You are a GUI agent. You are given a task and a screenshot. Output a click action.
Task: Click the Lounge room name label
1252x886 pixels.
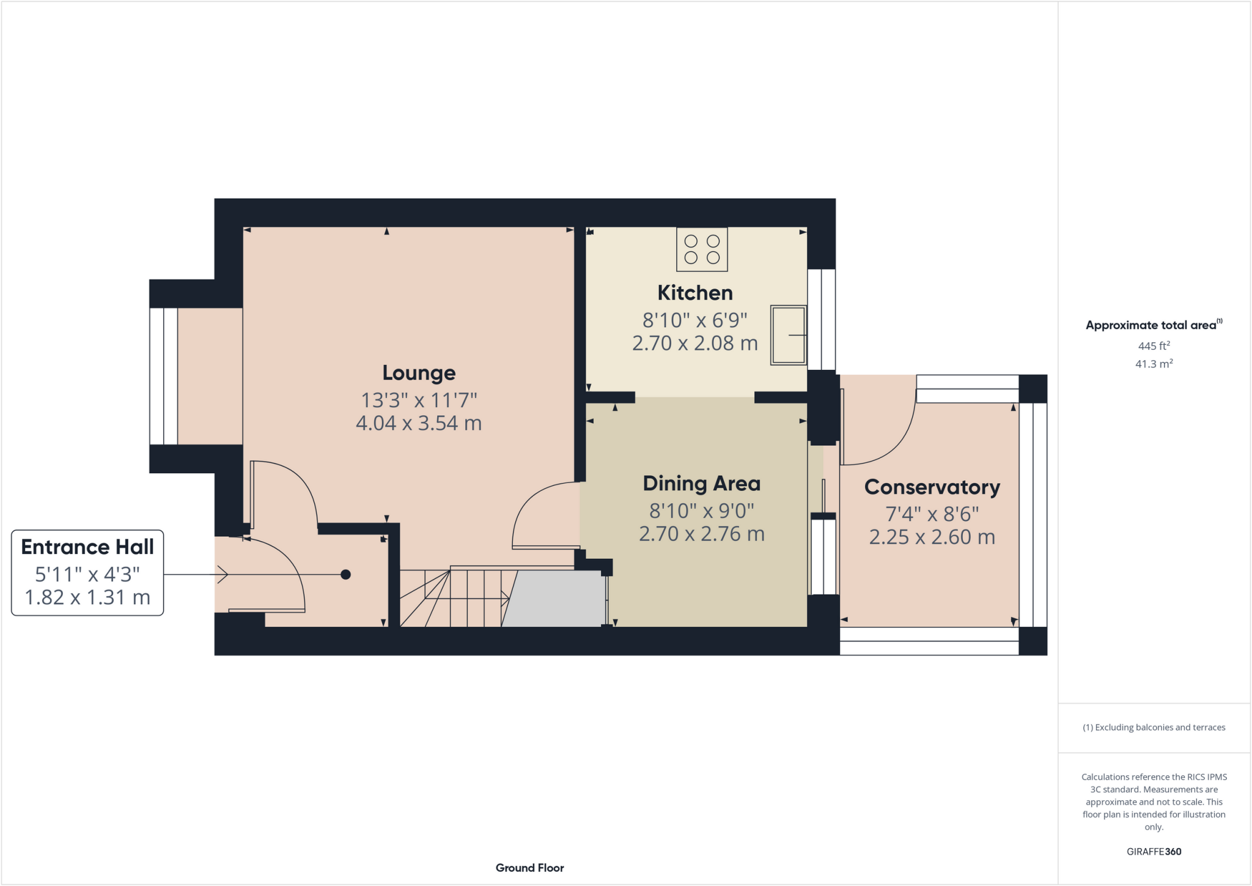point(419,373)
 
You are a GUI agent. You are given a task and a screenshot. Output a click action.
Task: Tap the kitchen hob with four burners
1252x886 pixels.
point(702,249)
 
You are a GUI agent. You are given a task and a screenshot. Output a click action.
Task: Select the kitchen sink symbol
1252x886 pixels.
point(788,335)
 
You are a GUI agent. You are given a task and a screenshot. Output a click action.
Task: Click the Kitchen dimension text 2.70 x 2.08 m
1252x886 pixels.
point(694,344)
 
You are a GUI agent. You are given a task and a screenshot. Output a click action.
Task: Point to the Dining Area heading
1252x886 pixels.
point(701,484)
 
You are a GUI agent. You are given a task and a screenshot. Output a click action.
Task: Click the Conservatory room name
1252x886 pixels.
point(932,487)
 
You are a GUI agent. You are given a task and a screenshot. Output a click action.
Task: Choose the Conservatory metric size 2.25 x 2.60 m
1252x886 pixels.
point(932,537)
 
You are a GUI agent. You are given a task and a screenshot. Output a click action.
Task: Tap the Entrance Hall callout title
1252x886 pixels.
point(87,547)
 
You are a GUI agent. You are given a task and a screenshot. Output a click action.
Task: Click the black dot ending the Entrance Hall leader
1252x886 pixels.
point(345,574)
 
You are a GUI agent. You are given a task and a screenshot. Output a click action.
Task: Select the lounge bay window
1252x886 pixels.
point(164,376)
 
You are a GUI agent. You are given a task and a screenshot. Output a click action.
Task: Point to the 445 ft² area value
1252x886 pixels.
point(1154,346)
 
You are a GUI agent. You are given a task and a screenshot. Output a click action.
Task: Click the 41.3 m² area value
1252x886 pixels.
point(1154,364)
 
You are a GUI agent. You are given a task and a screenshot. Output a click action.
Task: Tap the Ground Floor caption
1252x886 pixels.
point(529,868)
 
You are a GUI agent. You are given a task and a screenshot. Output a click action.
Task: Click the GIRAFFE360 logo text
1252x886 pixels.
point(1154,852)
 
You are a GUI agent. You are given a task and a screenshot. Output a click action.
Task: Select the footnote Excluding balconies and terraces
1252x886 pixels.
point(1154,728)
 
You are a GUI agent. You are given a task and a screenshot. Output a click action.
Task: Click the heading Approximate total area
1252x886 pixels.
point(1151,325)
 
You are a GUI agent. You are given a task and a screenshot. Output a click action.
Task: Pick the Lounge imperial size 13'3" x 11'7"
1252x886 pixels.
point(419,401)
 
